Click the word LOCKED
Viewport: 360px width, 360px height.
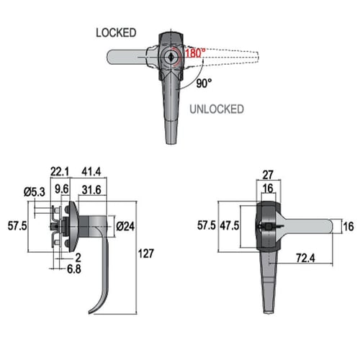click(116, 33)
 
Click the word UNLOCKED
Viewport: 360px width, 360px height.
click(217, 109)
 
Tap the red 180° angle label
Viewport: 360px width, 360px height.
click(195, 53)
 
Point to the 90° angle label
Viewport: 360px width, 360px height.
click(204, 84)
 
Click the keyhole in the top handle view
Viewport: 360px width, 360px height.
click(171, 58)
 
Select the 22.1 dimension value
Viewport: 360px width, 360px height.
click(60, 172)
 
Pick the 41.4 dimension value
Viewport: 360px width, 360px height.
click(91, 172)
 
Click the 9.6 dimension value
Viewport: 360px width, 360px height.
click(62, 189)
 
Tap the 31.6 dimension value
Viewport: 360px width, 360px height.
click(91, 190)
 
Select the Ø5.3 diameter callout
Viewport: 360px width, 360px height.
click(35, 192)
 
